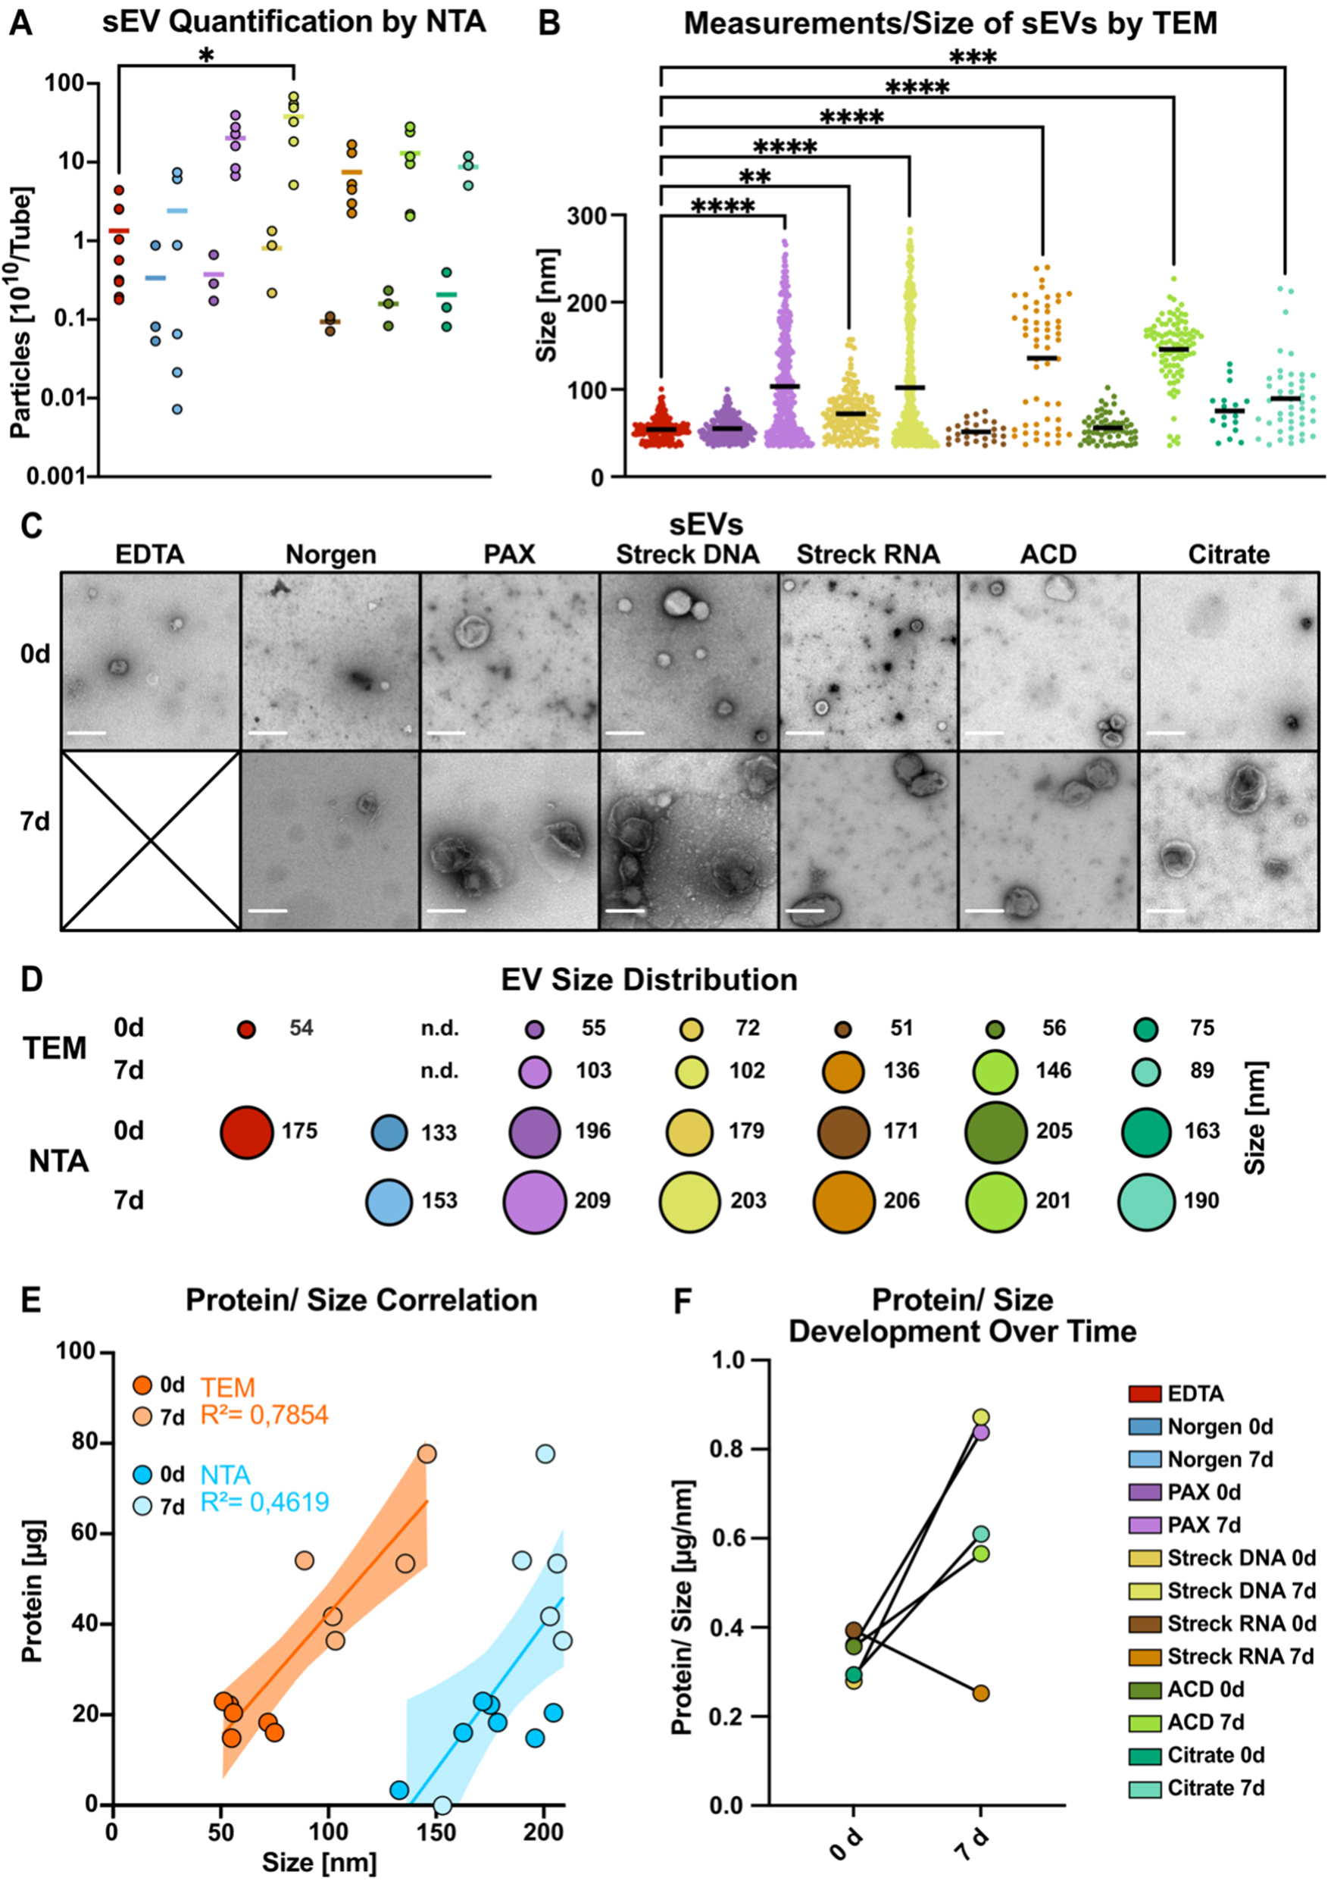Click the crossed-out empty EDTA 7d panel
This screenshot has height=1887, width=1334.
[x=150, y=840]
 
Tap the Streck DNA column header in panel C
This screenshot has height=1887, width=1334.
[x=688, y=555]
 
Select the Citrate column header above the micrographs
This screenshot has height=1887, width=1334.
[x=1228, y=555]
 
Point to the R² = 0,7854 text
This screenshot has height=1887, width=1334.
[x=264, y=1414]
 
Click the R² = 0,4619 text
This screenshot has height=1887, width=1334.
[x=264, y=1501]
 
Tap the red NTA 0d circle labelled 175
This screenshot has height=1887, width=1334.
[x=246, y=1131]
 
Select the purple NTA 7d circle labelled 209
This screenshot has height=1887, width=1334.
[x=534, y=1202]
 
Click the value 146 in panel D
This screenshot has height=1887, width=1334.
[x=1053, y=1071]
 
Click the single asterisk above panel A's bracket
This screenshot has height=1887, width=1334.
[x=207, y=56]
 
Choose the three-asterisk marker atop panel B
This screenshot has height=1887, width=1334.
[x=973, y=58]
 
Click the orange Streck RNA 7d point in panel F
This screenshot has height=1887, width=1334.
[x=981, y=1693]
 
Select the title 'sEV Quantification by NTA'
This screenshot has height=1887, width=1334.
[x=294, y=22]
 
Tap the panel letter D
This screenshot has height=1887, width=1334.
[x=31, y=980]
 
